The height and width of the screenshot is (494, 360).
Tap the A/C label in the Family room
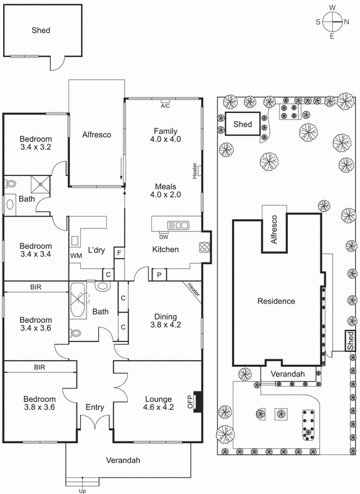[165, 106]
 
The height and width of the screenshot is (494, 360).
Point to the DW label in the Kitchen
[164, 237]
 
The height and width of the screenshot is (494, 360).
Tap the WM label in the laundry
[76, 255]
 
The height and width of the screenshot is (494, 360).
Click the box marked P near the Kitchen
[159, 274]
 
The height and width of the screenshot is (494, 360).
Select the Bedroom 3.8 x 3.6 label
[40, 403]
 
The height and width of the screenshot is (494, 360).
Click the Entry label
[94, 407]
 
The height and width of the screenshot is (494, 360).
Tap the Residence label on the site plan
[277, 301]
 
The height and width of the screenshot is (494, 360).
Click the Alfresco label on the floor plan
[96, 135]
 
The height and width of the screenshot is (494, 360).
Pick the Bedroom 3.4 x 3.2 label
[35, 143]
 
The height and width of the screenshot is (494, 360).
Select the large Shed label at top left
[41, 30]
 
